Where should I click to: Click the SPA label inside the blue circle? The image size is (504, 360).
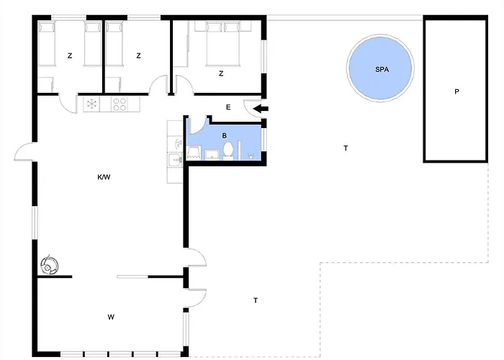[x=382, y=69]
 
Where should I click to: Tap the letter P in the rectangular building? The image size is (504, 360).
[x=456, y=91]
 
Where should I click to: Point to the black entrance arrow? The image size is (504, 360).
[x=261, y=109]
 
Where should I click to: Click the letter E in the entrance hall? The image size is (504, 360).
[x=228, y=107]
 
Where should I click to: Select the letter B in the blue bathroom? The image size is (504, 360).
[x=225, y=136]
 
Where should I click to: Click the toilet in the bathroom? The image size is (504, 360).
[x=228, y=150]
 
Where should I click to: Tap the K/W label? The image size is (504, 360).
[x=104, y=177]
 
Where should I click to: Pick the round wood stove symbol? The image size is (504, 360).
[x=50, y=265]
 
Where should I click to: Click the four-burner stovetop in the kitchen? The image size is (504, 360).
[x=120, y=104]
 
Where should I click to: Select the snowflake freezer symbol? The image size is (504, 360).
[x=91, y=104]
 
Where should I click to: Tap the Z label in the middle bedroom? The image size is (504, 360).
[x=138, y=56]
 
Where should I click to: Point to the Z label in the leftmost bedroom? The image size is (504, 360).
[x=70, y=56]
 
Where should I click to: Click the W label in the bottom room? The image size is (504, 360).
[x=111, y=318]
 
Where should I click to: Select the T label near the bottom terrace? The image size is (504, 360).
[x=256, y=300]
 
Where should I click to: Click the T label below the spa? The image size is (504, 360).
[x=346, y=148]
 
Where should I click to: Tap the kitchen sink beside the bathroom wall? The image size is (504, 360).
[x=175, y=159]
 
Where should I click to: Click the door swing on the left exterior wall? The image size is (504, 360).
[x=25, y=151]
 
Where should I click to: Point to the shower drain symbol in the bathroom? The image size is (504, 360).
[x=251, y=157]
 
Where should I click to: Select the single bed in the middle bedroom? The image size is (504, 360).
[x=114, y=44]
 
